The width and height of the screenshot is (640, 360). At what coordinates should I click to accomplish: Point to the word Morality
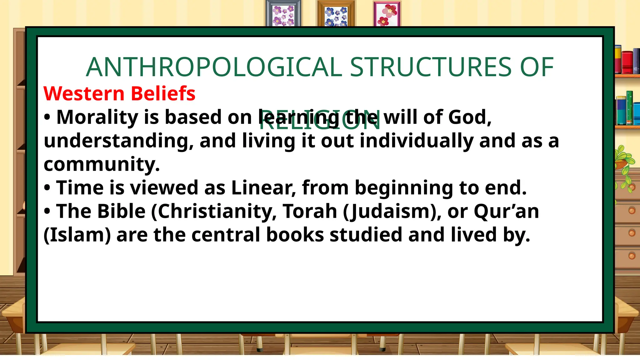click(97, 117)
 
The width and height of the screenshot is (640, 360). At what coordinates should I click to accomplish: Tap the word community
click(102, 165)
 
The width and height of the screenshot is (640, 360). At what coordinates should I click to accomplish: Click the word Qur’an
click(506, 211)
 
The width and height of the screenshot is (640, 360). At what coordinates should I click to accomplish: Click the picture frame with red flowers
click(387, 14)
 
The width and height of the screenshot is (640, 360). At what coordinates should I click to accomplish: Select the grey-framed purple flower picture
click(283, 14)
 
